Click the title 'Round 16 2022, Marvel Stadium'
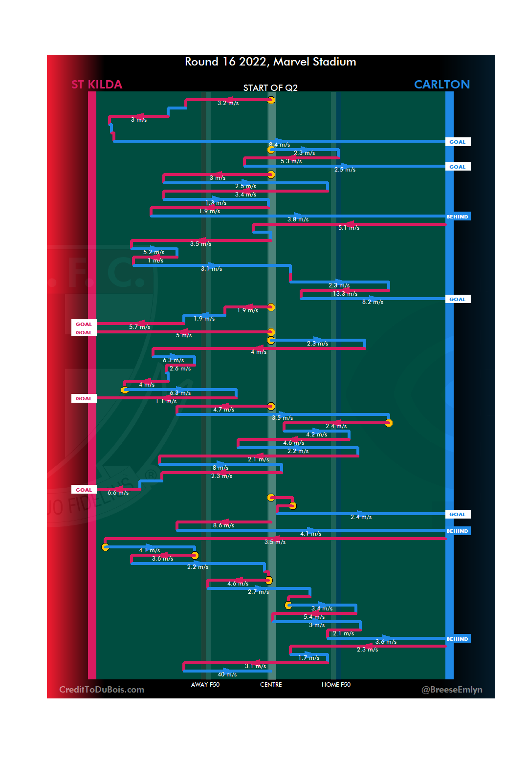pos(270,62)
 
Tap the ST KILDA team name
pos(97,85)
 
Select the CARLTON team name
pos(441,85)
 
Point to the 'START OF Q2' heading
pos(270,88)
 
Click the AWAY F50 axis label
pos(205,685)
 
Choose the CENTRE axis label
pos(271,685)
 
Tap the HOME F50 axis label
pos(336,685)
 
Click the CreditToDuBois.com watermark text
pos(102,690)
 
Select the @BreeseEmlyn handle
pos(452,690)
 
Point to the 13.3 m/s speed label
pos(345,294)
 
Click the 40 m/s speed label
pos(227,674)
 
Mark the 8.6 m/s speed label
pos(223,525)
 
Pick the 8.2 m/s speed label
pos(373,302)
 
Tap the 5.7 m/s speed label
pos(140,327)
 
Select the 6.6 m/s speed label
pos(118,493)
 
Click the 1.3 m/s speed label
pos(216,203)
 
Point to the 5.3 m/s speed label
pos(291,161)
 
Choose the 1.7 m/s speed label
pos(309,658)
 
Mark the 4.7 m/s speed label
pos(223,410)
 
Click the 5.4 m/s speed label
pos(314,617)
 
